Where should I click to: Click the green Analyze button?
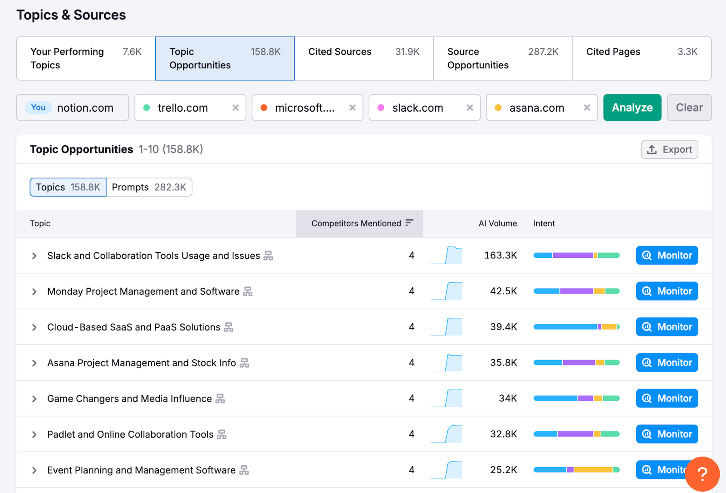pos(632,108)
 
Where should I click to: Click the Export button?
pos(669,149)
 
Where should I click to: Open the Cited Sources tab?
pos(363,59)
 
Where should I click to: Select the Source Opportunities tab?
pos(502,59)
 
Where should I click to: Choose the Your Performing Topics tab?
pos(86,59)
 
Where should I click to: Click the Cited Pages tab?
pos(642,59)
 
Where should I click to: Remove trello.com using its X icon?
pos(235,108)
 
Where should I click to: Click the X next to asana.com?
pos(587,108)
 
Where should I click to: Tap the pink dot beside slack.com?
pos(381,108)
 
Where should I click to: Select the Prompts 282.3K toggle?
pos(149,187)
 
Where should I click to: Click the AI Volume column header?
pos(497,223)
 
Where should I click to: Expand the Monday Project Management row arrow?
pos(34,291)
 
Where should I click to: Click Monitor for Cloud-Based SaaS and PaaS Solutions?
pos(667,327)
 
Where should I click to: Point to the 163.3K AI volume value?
pos(500,255)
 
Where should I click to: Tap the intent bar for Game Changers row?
pos(576,398)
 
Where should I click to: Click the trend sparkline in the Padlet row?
pos(447,434)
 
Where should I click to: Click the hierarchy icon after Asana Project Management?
pos(245,363)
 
